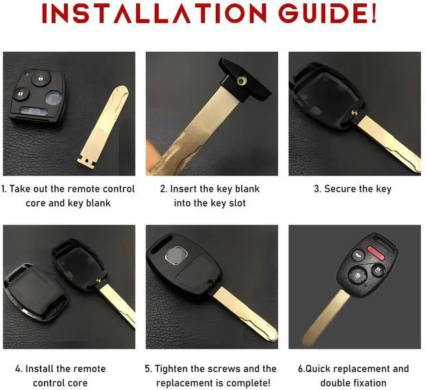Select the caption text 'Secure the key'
[x=357, y=189]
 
